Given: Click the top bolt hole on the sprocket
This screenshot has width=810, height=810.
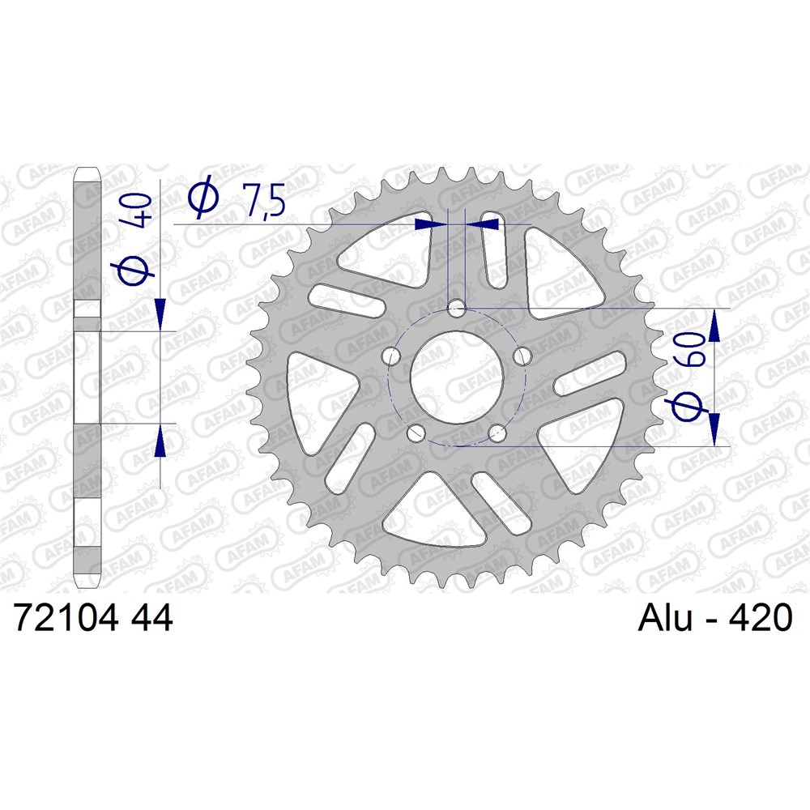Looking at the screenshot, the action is (x=456, y=311).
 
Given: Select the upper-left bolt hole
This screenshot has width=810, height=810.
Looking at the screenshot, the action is (x=392, y=356).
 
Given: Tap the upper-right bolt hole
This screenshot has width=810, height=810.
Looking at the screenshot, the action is (x=522, y=356).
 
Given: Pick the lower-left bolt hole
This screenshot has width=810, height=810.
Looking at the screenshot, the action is (x=416, y=433).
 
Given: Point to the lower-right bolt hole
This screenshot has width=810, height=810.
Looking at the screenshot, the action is (x=497, y=432).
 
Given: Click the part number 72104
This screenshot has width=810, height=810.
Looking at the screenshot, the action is (x=66, y=617).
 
